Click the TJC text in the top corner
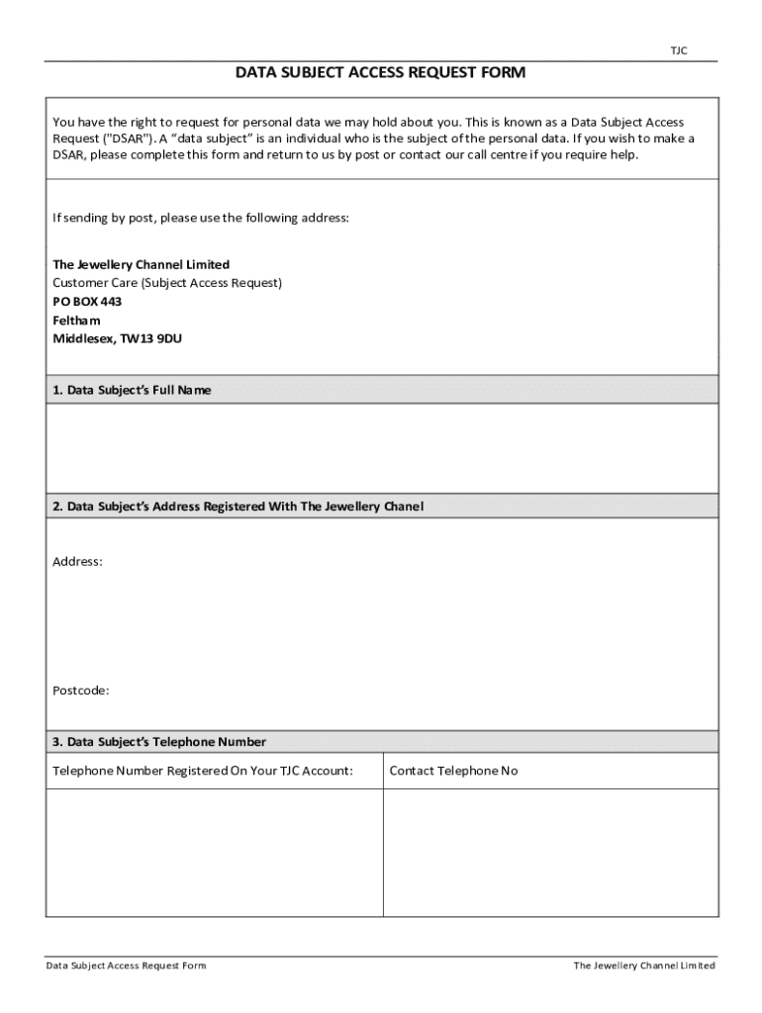tap(679, 50)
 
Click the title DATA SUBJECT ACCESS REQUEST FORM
tap(380, 73)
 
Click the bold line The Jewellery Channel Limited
tap(141, 264)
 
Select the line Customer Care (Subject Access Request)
tap(167, 283)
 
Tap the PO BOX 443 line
tap(87, 302)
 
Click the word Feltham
tap(76, 321)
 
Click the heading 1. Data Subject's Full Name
tap(132, 391)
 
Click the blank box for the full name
tap(382, 447)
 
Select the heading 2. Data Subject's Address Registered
tap(238, 506)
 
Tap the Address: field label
tap(77, 562)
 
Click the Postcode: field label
tap(81, 691)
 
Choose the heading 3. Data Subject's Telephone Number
tap(159, 742)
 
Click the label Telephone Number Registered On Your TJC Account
tap(203, 771)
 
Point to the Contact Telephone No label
tap(453, 771)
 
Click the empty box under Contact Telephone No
tap(550, 852)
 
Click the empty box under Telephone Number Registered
tap(214, 852)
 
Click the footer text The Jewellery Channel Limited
tap(644, 966)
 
